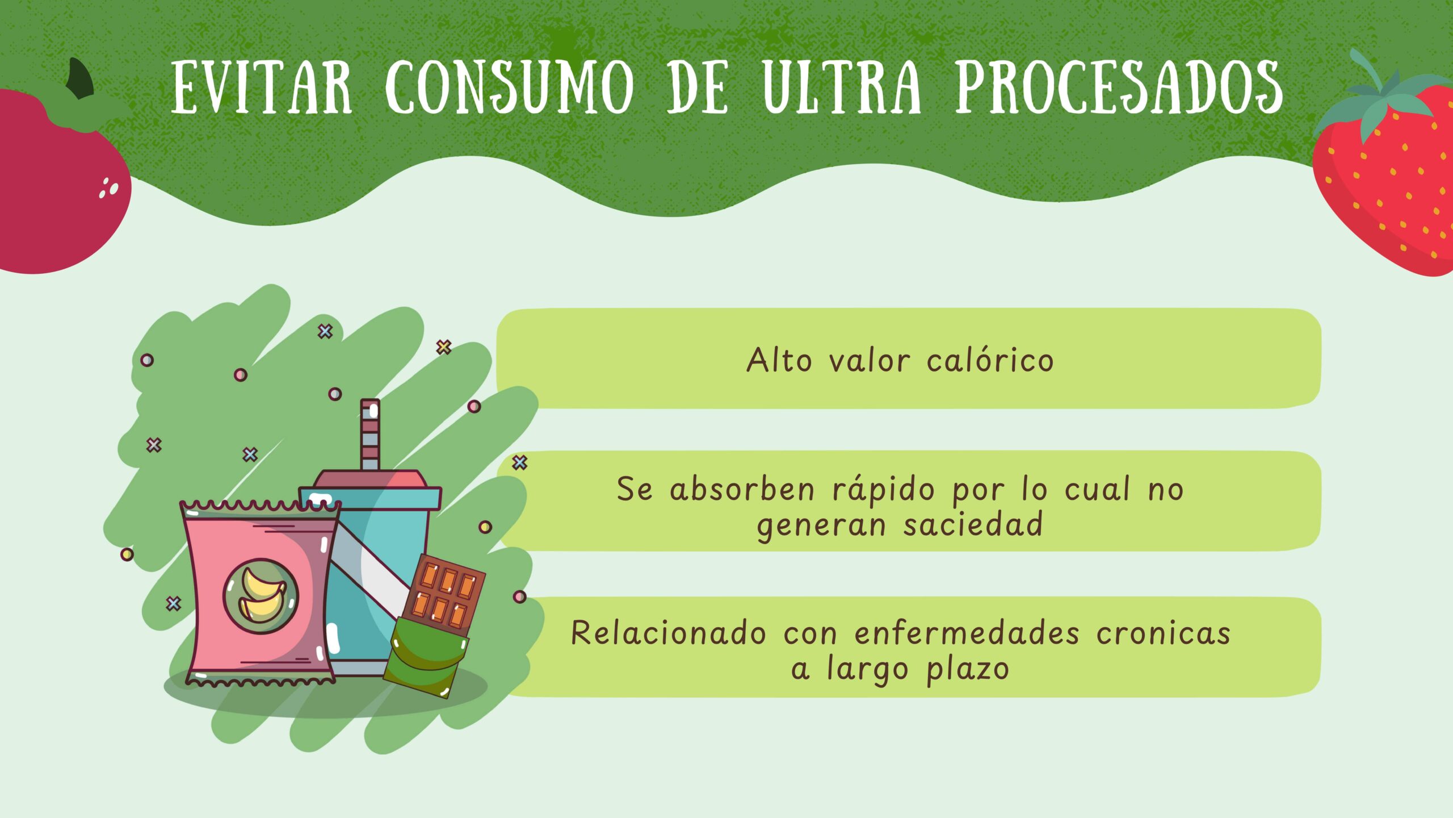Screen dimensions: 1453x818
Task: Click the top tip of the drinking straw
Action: (370, 400)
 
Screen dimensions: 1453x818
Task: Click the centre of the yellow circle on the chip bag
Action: (261, 596)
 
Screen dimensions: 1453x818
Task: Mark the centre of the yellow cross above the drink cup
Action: (444, 347)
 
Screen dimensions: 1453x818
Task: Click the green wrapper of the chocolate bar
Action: (427, 656)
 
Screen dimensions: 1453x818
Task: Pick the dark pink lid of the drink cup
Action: (370, 479)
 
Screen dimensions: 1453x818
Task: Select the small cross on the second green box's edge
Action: (520, 462)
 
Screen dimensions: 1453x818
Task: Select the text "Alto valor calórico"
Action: (900, 360)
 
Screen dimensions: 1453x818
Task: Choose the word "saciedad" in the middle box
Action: (973, 524)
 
